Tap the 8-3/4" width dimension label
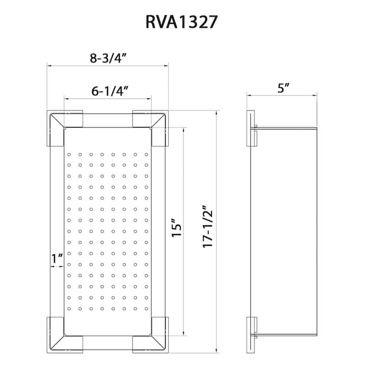tap(108, 58)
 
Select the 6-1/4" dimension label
tap(109, 91)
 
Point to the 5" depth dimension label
tap(284, 88)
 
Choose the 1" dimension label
tap(57, 259)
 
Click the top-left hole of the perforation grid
tap(69, 154)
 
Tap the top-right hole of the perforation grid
tap(146, 154)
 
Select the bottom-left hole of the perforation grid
tap(69, 309)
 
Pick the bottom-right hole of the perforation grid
tap(146, 309)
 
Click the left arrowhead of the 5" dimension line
tap(248, 95)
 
